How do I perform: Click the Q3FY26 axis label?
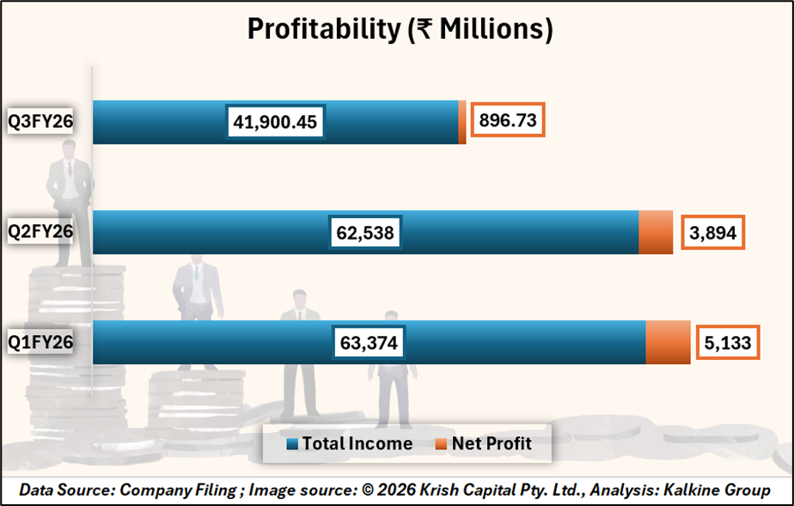[x=40, y=122]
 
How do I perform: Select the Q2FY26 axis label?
[x=40, y=232]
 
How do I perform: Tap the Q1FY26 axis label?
[x=40, y=343]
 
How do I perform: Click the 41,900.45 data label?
[x=275, y=122]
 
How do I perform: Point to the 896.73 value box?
[x=508, y=121]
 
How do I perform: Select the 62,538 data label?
[x=366, y=232]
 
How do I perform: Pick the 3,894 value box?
[x=712, y=232]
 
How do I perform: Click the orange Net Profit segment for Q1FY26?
[x=668, y=343]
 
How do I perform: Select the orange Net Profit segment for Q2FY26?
[x=656, y=232]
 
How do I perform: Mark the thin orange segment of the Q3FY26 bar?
[x=462, y=122]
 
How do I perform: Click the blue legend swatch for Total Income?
[x=292, y=445]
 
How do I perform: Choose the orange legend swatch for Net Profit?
[x=442, y=445]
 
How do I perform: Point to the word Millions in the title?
[x=495, y=28]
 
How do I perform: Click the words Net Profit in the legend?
[x=492, y=444]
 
